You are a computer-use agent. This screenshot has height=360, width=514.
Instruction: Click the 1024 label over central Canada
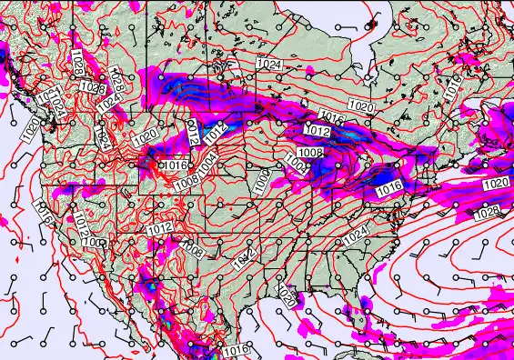click(x=267, y=64)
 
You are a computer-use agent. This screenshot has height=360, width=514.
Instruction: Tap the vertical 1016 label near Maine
click(x=452, y=87)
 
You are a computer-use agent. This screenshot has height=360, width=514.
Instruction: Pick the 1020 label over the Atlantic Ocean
click(x=496, y=184)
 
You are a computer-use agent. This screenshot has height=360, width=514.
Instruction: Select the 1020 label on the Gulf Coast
click(x=287, y=296)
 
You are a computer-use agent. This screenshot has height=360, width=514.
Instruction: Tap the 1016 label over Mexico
click(x=235, y=350)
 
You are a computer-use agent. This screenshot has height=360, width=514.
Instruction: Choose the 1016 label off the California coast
click(x=42, y=211)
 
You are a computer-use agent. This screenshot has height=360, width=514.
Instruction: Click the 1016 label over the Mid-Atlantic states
click(x=389, y=186)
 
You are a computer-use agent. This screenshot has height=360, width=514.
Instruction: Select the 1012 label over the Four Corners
click(x=159, y=227)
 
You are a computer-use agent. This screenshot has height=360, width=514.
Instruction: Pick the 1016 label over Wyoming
click(x=175, y=165)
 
